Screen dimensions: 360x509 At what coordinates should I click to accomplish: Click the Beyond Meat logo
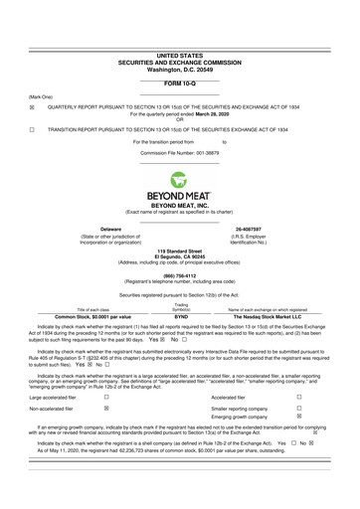180,185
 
